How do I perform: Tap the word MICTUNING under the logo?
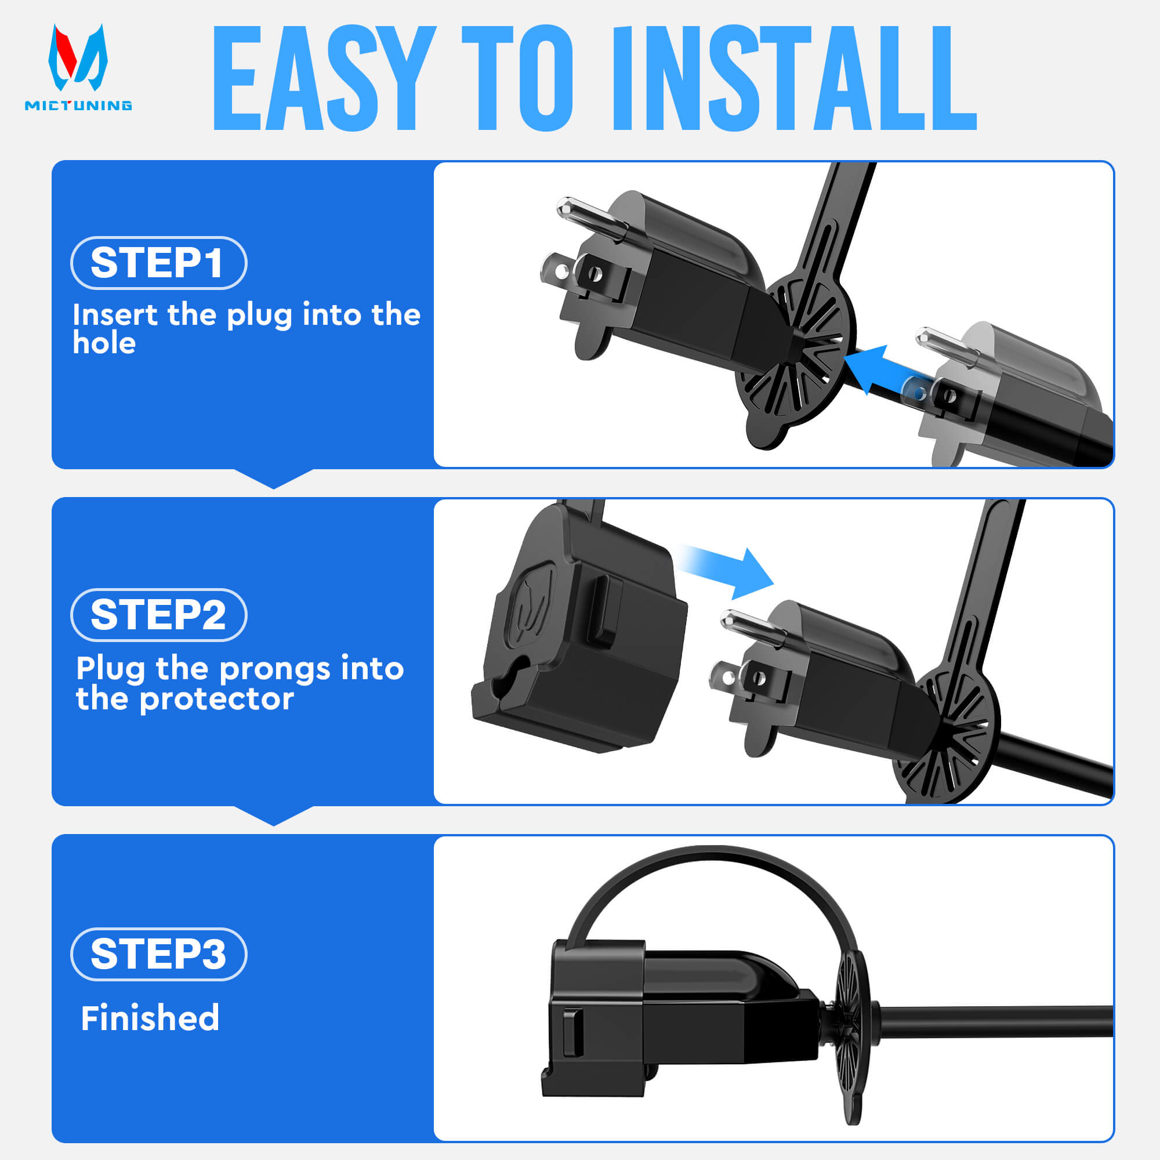point(78,106)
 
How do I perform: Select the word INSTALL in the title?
point(794,79)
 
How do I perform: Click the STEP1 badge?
point(158,263)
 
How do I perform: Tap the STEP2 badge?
point(158,615)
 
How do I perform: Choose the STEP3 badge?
point(158,954)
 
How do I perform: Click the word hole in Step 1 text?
point(104,343)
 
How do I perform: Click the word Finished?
point(150,1018)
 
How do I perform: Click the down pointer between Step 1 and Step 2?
point(274,478)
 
